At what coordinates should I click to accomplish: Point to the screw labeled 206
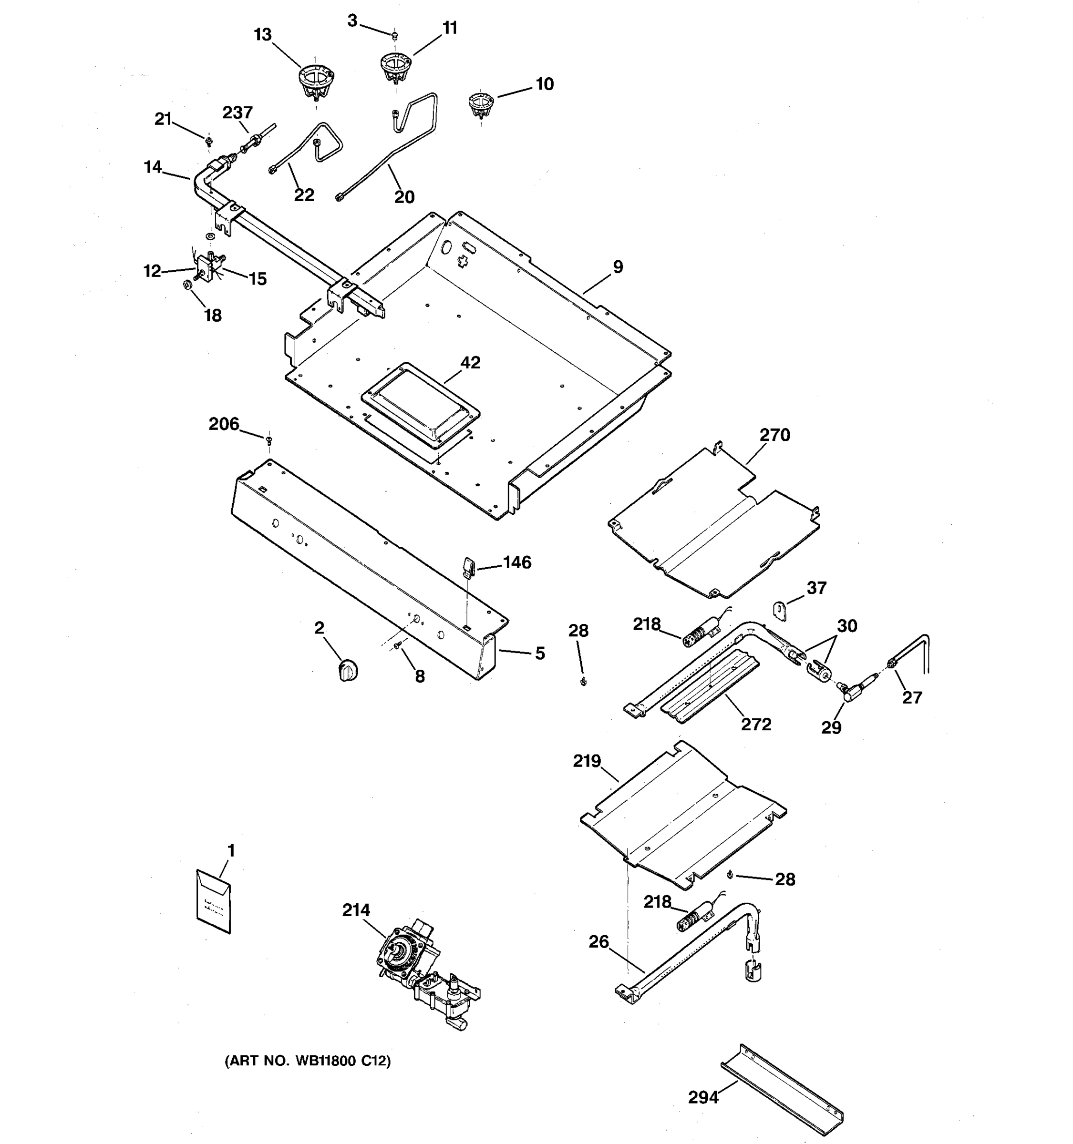269,440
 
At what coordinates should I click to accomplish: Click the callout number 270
774,435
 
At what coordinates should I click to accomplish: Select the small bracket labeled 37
779,611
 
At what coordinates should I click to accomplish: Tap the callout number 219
587,761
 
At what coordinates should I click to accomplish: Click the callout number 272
756,725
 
